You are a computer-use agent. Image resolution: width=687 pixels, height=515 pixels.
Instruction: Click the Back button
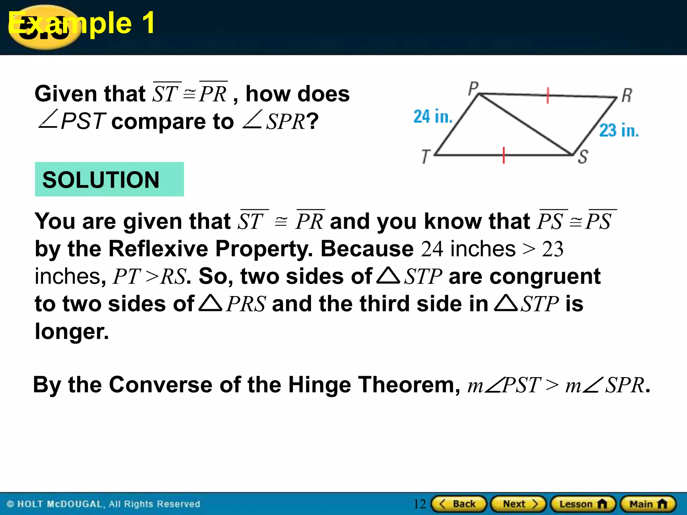[459, 504]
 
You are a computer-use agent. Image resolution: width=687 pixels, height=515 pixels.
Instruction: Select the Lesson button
[583, 504]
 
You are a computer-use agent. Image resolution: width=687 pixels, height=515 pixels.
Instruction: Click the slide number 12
[419, 504]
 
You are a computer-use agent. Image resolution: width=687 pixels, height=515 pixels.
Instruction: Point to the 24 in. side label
[433, 116]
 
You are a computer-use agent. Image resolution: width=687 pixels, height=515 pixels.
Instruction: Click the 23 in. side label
[619, 130]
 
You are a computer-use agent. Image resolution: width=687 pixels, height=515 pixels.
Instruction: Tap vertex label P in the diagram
[473, 89]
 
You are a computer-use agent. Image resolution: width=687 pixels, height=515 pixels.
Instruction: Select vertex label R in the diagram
[627, 95]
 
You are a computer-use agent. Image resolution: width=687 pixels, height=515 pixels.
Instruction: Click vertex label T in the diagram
[426, 157]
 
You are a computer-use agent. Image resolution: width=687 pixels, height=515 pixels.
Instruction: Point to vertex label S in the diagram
[583, 157]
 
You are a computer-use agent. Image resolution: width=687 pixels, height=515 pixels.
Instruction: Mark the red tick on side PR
[547, 96]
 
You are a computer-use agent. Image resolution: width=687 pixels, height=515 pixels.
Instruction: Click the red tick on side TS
[504, 155]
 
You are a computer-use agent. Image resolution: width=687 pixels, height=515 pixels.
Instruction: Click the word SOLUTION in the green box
[101, 180]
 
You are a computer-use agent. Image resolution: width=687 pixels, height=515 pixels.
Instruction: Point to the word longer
[72, 331]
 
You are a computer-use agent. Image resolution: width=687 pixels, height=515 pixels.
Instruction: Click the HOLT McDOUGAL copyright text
[104, 504]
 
